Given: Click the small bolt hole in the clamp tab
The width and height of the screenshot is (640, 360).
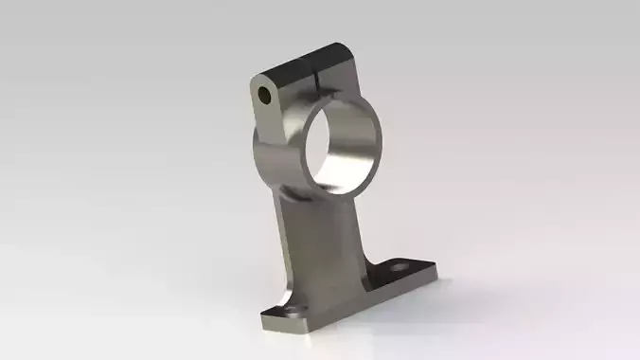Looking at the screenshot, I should pos(267,96).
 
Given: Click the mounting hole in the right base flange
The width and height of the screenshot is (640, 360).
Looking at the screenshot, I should pos(397,271).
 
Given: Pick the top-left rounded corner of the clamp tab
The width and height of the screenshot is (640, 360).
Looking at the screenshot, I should pos(258,81).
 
